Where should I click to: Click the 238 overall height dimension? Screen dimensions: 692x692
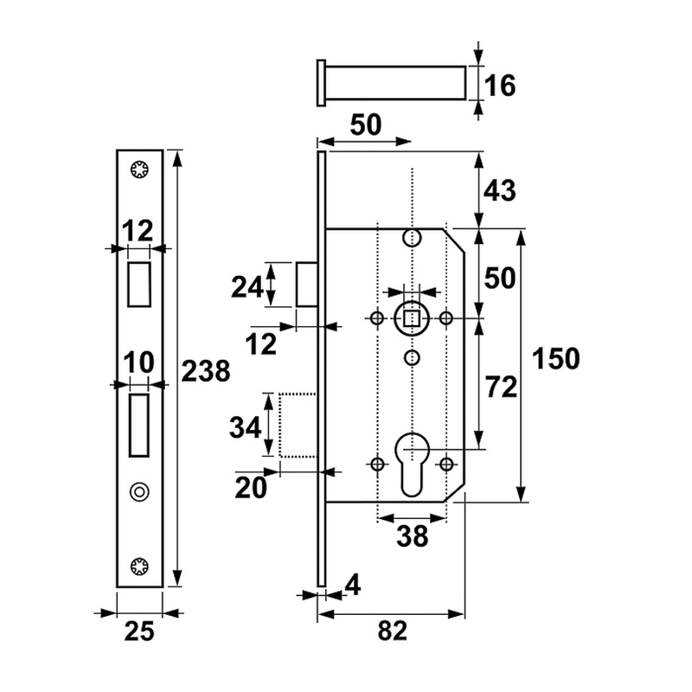coord(206,372)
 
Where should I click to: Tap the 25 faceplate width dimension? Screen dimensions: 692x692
coord(138,632)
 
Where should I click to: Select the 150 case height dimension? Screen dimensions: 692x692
coord(554,357)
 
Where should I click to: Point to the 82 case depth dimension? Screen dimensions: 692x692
coord(392,632)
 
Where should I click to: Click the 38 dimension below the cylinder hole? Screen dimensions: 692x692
coord(412,537)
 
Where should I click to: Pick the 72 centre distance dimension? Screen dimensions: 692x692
coord(500,387)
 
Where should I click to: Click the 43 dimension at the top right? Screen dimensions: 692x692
coord(500,190)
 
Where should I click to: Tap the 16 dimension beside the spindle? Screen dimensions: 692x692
coord(500,86)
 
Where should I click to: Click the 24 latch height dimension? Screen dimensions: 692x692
coord(247,285)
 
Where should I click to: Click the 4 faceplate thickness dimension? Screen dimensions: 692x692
coord(351,586)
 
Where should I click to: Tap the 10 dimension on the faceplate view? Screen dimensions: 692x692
coord(138,363)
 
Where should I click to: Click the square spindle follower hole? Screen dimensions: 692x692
coord(412,318)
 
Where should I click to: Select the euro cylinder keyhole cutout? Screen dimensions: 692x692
coord(412,463)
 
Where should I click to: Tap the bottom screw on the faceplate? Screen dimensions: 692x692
coord(138,567)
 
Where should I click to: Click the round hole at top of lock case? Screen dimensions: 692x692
coord(412,238)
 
